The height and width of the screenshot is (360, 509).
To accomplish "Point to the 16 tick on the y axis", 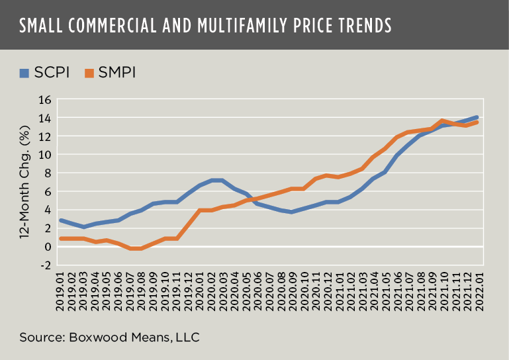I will pos(45,99).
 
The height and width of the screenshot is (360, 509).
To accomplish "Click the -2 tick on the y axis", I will pos(45,265).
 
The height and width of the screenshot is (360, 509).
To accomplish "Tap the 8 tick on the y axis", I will pos(48,173).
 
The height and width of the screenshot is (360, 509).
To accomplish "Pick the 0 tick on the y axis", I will pos(48,246).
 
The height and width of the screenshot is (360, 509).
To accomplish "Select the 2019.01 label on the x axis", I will pos(60,291).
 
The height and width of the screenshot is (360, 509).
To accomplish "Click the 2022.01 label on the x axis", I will pos(477,291).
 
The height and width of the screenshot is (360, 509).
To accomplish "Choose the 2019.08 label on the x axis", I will pos(141,291).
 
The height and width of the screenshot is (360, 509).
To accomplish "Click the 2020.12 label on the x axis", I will pos(326,291).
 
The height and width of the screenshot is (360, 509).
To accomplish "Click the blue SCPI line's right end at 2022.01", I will pos(477,117).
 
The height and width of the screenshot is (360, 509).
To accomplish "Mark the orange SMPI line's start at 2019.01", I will pos(60,238).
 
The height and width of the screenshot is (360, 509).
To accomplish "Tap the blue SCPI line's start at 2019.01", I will pos(60,220).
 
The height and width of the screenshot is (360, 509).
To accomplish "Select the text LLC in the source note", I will pos(187,337).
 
